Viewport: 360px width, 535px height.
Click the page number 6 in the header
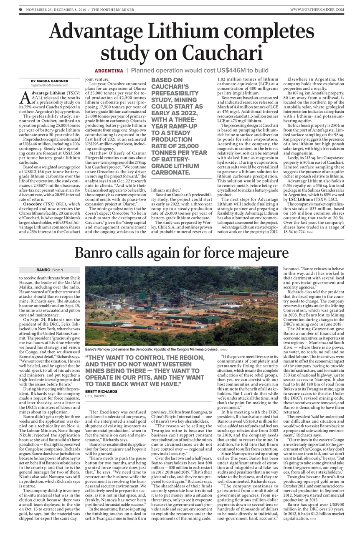point(20,9)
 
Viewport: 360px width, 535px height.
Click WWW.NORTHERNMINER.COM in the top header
point(317,9)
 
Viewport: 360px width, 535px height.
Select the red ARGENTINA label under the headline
point(109,71)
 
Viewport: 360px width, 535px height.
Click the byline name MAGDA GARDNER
point(51,81)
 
